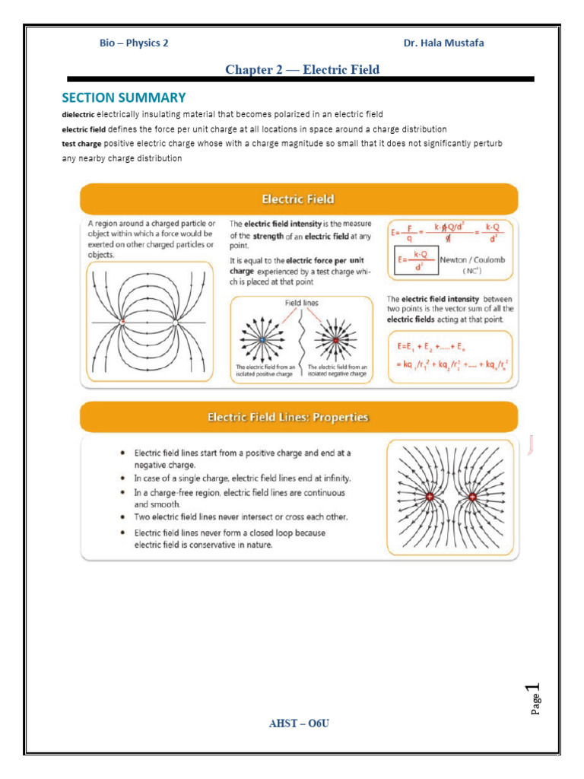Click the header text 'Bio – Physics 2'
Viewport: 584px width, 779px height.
pos(134,43)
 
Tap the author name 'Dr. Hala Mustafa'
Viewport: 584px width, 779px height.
pos(443,43)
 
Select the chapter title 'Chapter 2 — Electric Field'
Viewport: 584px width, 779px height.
pos(302,70)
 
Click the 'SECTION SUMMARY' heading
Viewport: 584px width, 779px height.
pos(123,97)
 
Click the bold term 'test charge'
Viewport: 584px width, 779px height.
pos(81,143)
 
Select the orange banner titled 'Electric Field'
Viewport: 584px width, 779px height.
pos(298,199)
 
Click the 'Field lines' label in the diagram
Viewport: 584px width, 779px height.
pos(302,302)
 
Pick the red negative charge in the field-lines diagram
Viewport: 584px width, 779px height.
pos(335,339)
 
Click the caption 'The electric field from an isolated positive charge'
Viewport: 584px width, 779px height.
pos(263,370)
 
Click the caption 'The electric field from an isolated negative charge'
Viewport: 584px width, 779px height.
pos(337,370)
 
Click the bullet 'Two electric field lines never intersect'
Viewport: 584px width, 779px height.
pos(241,517)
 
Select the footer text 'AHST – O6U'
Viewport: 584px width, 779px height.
pos(299,723)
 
